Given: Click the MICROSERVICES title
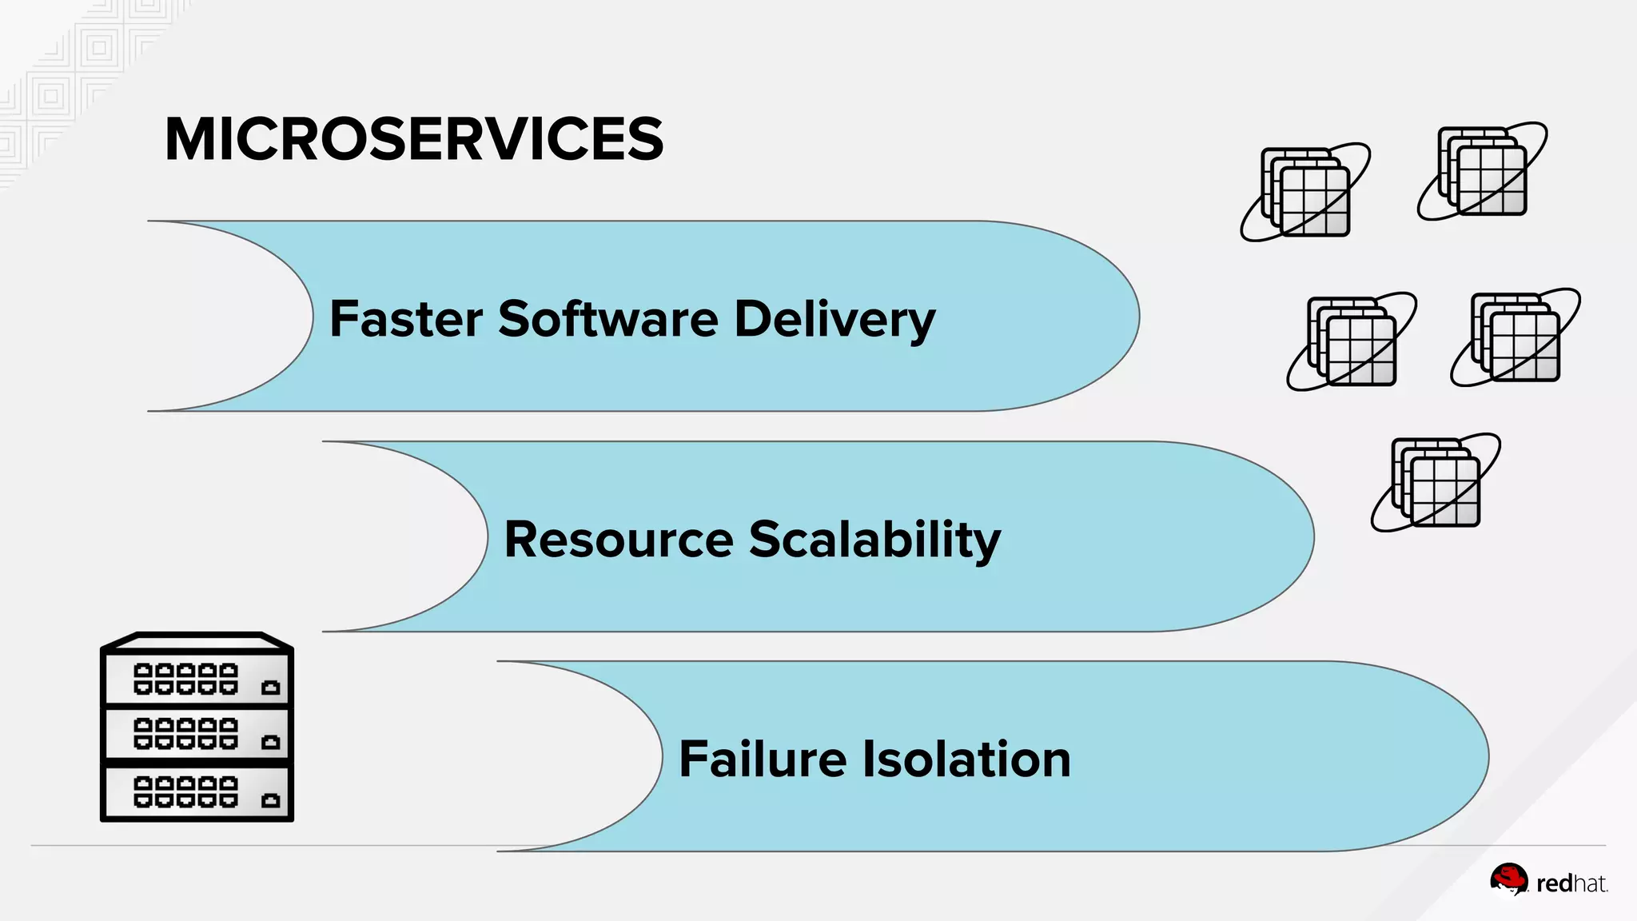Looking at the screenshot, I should [x=414, y=139].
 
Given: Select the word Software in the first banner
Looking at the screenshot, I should [x=608, y=319].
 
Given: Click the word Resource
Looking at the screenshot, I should [x=619, y=540].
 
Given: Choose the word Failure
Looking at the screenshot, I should [x=763, y=759].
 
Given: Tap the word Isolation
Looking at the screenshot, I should [x=966, y=759].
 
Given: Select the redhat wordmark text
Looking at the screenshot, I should [x=1571, y=883].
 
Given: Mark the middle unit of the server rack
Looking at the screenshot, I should [x=197, y=734].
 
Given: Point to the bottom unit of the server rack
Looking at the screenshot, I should [x=197, y=792].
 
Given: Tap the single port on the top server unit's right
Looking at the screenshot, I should [x=271, y=687].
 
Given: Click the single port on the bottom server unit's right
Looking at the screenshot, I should [x=271, y=799].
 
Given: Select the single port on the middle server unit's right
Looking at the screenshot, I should [x=271, y=742].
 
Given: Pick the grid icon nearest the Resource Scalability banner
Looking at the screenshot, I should [x=1436, y=482].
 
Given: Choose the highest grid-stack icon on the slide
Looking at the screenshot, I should [x=1482, y=171].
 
